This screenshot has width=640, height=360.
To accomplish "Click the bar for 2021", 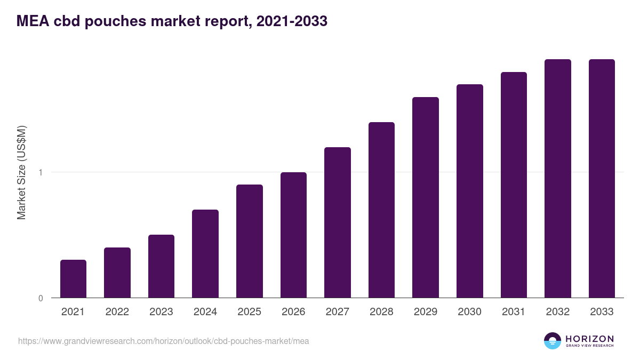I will [x=73, y=278].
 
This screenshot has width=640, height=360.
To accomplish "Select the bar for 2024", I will [x=205, y=253].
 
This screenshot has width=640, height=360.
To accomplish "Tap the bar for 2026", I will [x=293, y=235].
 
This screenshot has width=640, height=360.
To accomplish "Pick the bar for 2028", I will [x=381, y=210].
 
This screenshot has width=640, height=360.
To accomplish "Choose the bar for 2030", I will [x=469, y=191].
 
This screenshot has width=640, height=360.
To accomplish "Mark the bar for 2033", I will [x=602, y=178].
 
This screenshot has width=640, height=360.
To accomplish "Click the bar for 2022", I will [x=117, y=273].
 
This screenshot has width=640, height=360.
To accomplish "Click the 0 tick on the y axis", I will [x=41, y=298].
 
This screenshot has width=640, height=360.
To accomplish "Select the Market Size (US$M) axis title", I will [x=21, y=172].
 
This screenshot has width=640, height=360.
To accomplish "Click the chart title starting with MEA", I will [x=172, y=21].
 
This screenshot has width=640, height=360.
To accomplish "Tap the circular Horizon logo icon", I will [x=553, y=341].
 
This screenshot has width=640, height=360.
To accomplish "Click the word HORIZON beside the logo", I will [x=589, y=339].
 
